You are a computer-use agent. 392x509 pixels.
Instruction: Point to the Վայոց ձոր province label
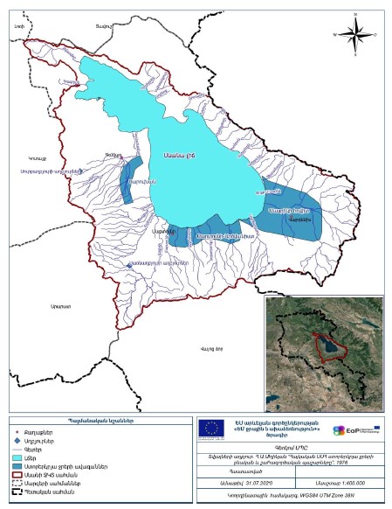212,351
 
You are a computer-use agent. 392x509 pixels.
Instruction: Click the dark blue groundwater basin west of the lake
130,182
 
